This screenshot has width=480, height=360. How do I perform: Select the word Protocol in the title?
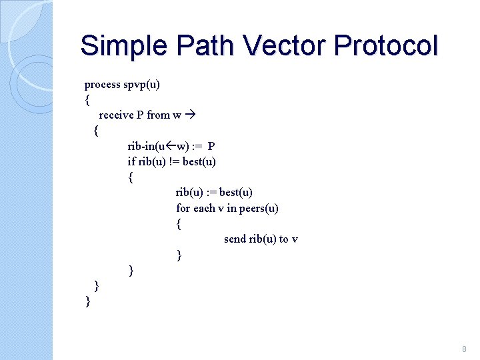386,46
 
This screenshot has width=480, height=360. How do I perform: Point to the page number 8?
464,349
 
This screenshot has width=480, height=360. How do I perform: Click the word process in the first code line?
103,85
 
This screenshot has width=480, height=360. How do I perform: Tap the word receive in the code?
116,115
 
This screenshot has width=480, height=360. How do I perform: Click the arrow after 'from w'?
191,115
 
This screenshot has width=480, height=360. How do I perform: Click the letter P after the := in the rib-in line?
211,146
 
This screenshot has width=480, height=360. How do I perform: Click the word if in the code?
131,161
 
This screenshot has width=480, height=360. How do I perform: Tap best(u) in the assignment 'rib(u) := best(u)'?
236,193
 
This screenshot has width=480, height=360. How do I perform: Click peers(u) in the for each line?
259,208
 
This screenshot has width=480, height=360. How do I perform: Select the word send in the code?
235,239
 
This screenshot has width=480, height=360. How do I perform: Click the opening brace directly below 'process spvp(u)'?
87,100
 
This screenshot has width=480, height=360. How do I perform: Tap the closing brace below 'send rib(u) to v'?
179,255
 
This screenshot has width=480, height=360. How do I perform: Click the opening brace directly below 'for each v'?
179,224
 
